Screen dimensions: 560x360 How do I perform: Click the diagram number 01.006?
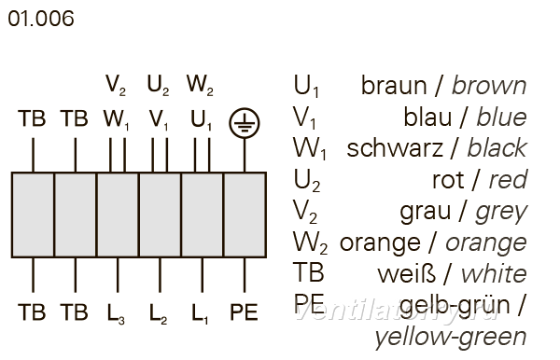click(41, 19)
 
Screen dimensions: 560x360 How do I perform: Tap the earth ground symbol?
click(245, 123)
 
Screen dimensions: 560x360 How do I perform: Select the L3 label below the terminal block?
click(116, 314)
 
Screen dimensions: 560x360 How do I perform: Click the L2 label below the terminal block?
click(159, 314)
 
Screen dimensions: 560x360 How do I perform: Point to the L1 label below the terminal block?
click(200, 314)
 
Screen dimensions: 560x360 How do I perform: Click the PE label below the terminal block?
click(244, 312)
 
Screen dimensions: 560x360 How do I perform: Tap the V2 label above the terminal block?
click(116, 86)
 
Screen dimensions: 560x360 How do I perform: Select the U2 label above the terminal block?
click(158, 86)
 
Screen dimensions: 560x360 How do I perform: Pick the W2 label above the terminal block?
click(200, 86)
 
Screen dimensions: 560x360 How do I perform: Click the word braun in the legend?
click(394, 86)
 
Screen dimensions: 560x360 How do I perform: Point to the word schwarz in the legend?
click(395, 148)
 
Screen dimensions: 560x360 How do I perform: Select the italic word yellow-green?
click(451, 338)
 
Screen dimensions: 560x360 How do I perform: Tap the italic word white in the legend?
click(494, 274)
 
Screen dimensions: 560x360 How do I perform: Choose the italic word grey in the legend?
click(501, 213)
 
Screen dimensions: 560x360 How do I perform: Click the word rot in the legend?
click(448, 180)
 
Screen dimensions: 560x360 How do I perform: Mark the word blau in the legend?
click(427, 117)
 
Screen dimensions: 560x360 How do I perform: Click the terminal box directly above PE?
click(245, 215)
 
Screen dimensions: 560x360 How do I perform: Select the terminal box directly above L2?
click(160, 215)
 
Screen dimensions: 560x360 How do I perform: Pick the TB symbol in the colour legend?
click(309, 272)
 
